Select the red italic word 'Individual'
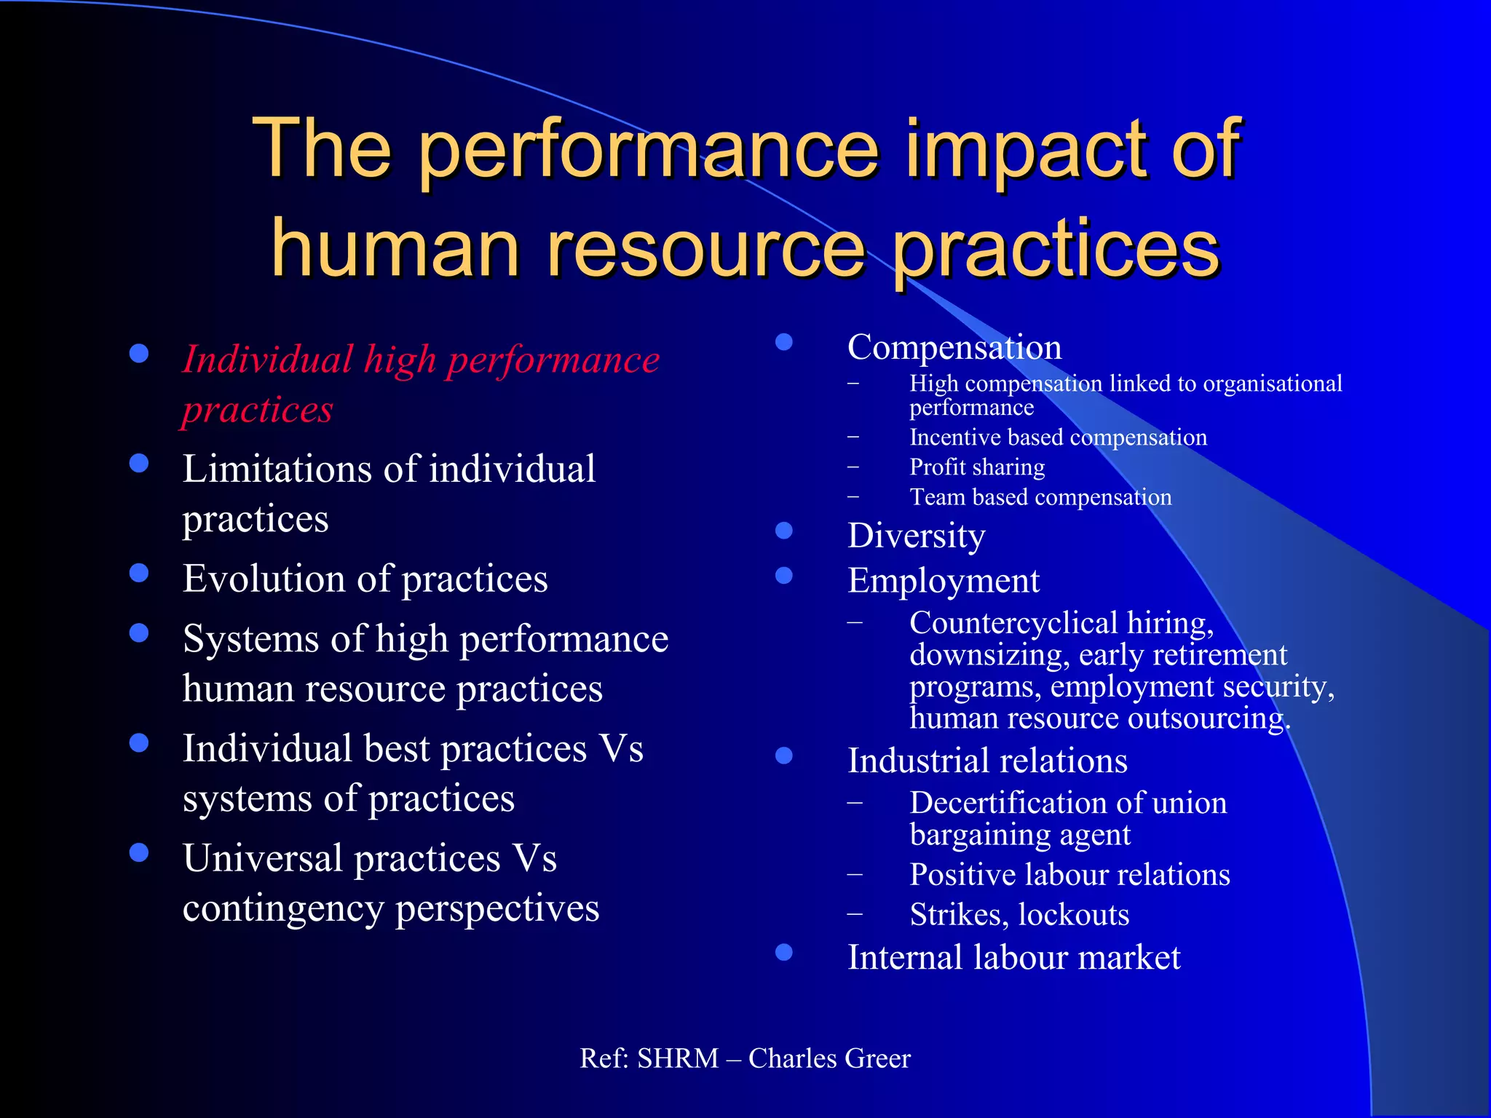pyautogui.click(x=267, y=360)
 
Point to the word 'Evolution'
pyautogui.click(x=264, y=579)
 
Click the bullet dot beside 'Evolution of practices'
pyautogui.click(x=139, y=574)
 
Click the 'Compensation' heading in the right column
pyautogui.click(x=954, y=347)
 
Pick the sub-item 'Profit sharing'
pyautogui.click(x=977, y=467)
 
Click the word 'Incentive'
pyautogui.click(x=956, y=437)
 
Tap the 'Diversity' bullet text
pyautogui.click(x=917, y=536)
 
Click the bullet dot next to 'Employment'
pyautogui.click(x=784, y=576)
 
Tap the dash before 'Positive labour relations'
pyautogui.click(x=855, y=875)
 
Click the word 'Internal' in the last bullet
pyautogui.click(x=903, y=958)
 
